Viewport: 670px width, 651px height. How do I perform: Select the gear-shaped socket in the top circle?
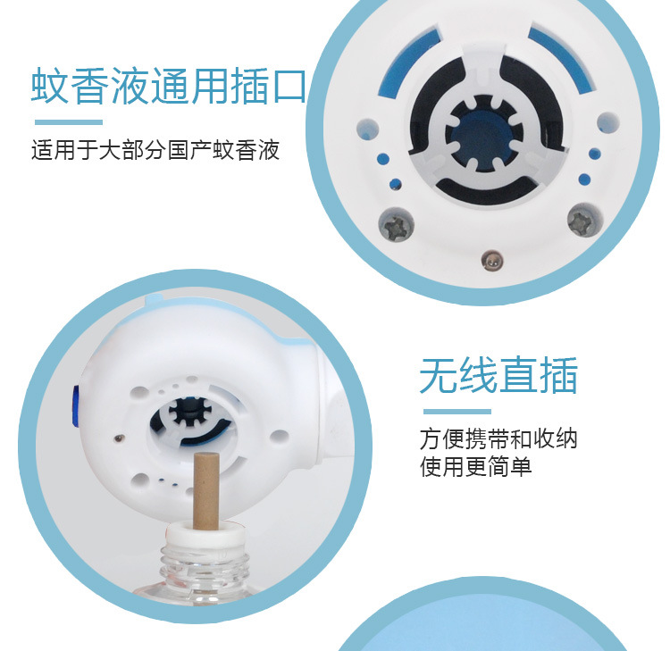(x=487, y=136)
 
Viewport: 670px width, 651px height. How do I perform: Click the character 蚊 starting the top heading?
(x=52, y=86)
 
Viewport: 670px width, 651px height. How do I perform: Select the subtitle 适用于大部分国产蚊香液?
(x=155, y=149)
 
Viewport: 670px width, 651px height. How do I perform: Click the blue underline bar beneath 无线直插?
(x=455, y=412)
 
